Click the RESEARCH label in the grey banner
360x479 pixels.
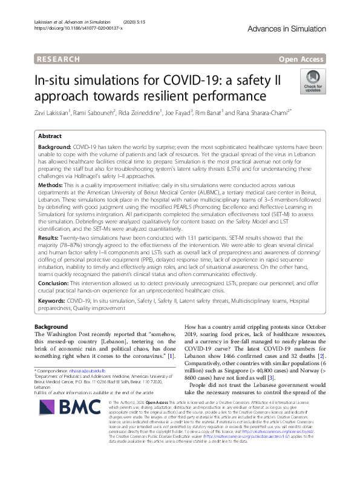pyautogui.click(x=57, y=59)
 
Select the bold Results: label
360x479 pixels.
pyautogui.click(x=51, y=239)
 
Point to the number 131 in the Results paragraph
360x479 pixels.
pyautogui.click(x=212, y=240)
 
